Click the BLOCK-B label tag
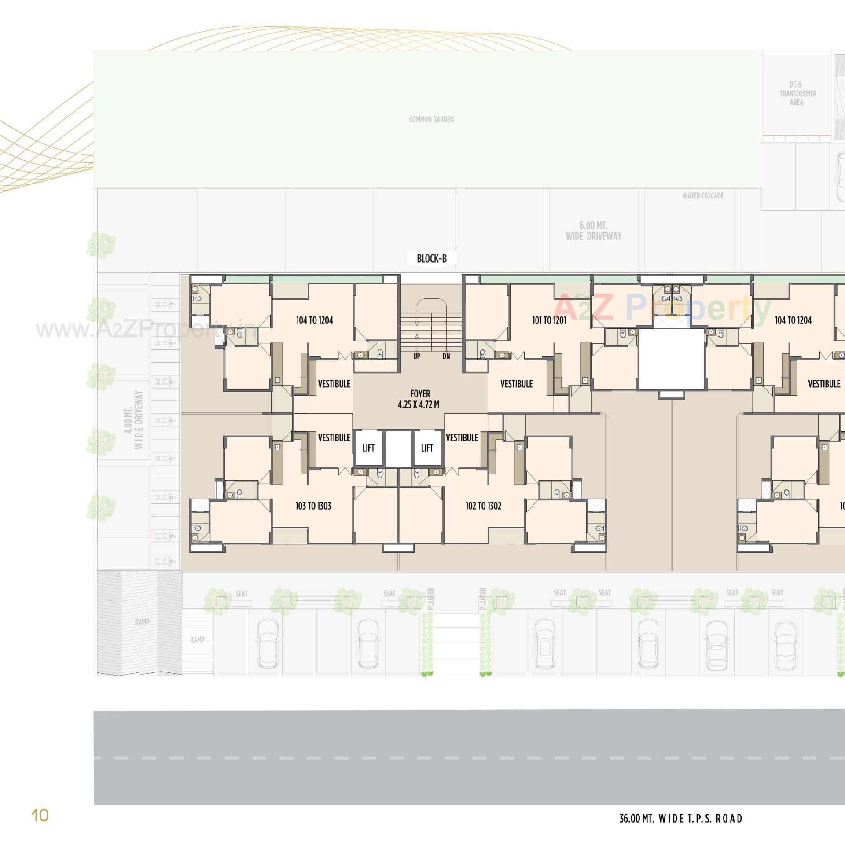pyautogui.click(x=431, y=258)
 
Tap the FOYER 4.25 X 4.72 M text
pyautogui.click(x=419, y=399)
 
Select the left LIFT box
pyautogui.click(x=368, y=448)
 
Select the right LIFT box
pyautogui.click(x=427, y=448)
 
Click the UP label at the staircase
pyautogui.click(x=416, y=356)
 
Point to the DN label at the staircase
pyautogui.click(x=446, y=356)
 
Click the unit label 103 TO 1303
pyautogui.click(x=313, y=506)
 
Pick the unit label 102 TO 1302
pyautogui.click(x=483, y=506)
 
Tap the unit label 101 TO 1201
pyautogui.click(x=549, y=320)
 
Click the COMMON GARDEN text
pyautogui.click(x=431, y=119)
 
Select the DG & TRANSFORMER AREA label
pyautogui.click(x=797, y=93)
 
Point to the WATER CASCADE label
pyautogui.click(x=703, y=196)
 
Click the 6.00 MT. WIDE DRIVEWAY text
pyautogui.click(x=593, y=231)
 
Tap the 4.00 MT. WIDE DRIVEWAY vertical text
pyautogui.click(x=133, y=419)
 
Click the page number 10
pyautogui.click(x=40, y=816)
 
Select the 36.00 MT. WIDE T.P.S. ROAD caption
pyautogui.click(x=680, y=819)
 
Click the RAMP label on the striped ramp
pyautogui.click(x=142, y=622)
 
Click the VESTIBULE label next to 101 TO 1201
pyautogui.click(x=516, y=384)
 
